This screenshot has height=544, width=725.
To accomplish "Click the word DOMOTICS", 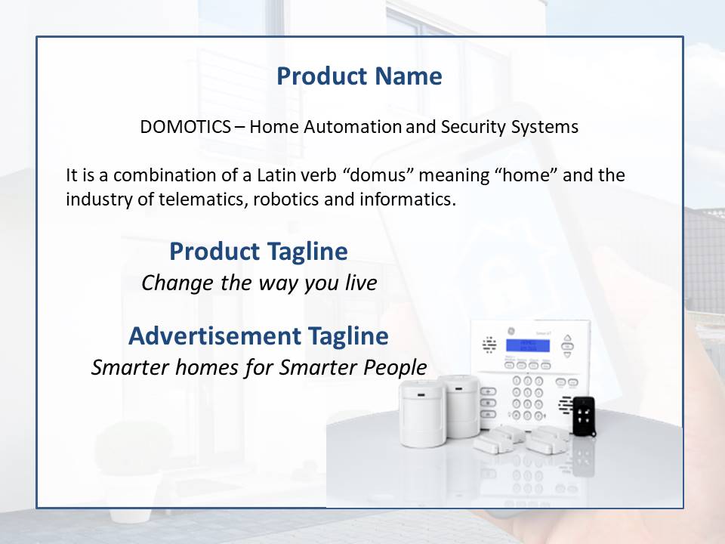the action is point(186,127).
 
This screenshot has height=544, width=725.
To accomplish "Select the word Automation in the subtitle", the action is point(353,127).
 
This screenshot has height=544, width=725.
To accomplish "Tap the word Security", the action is point(473,127).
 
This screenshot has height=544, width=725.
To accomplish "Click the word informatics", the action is point(408,199).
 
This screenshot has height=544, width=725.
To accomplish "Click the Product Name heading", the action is point(359,76).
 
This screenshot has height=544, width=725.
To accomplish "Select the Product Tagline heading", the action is point(258,252).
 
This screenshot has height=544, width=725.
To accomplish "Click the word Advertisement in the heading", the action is point(215,335).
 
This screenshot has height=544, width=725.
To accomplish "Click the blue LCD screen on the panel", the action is point(528,345).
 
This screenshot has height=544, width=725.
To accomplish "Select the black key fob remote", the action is point(584,416).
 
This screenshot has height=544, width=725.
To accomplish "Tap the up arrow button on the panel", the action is point(567,338).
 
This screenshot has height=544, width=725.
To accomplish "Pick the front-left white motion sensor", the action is point(423,413).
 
